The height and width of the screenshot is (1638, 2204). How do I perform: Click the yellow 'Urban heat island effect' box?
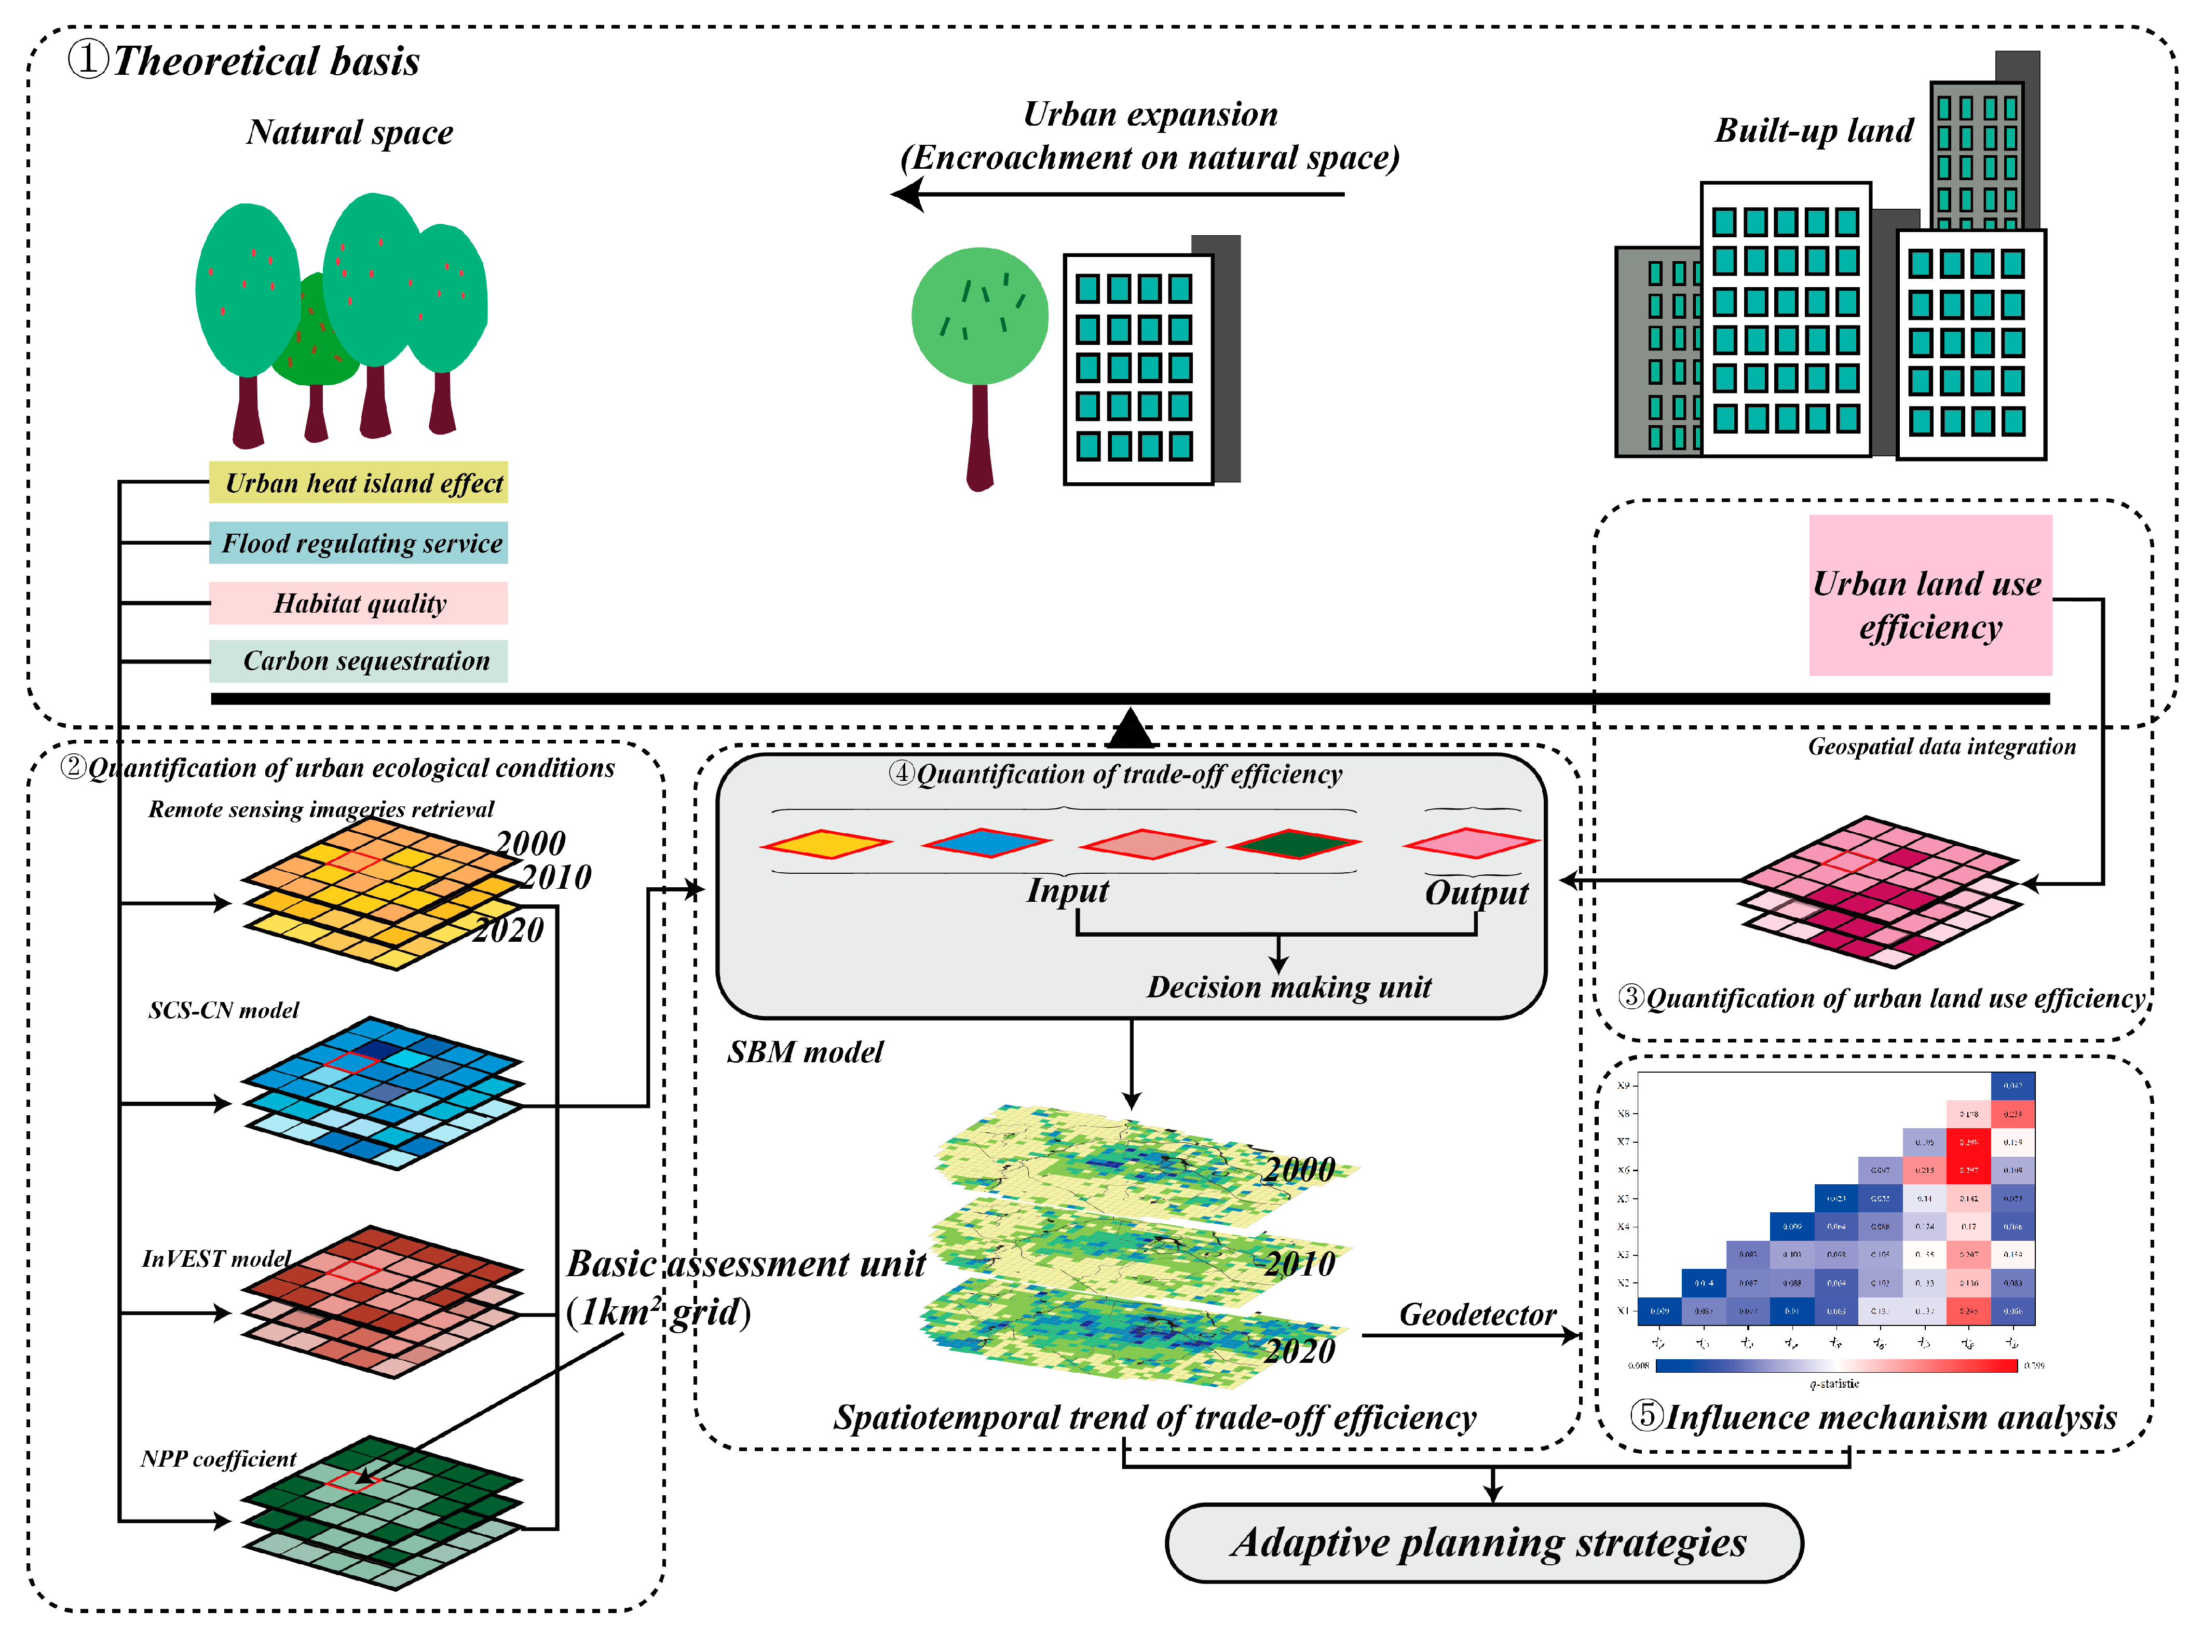(x=358, y=483)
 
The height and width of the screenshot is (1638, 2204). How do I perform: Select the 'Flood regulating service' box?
(x=358, y=544)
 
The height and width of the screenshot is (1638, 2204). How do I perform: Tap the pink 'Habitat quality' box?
(x=358, y=603)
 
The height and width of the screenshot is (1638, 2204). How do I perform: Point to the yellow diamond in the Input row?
(x=826, y=844)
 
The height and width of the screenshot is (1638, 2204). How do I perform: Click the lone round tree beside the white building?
(x=979, y=317)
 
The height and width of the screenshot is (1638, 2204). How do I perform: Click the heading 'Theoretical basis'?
(x=266, y=61)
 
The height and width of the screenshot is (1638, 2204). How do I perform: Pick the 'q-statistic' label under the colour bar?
(x=1834, y=1383)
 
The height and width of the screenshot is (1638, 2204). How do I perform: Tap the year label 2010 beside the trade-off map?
(x=1300, y=1264)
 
